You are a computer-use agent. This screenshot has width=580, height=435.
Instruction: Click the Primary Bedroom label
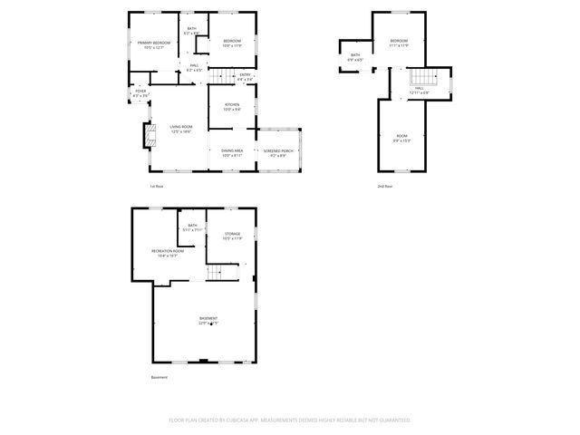[154, 45]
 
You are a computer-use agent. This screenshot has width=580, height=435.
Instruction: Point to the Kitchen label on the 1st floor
[232, 108]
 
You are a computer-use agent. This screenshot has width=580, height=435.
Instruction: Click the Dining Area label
[232, 153]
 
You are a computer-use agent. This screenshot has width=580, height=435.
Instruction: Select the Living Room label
[180, 130]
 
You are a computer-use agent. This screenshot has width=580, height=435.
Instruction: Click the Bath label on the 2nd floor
[355, 57]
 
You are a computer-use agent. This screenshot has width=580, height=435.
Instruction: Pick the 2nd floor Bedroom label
[399, 43]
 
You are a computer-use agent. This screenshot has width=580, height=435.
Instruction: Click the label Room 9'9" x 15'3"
[401, 138]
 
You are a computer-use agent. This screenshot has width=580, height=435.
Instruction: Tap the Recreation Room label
[164, 253]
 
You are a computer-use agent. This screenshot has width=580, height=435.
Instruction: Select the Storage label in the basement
[233, 236]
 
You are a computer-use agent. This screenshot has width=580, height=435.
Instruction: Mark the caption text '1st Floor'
[157, 187]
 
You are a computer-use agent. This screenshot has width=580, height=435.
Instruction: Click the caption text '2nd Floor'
[385, 187]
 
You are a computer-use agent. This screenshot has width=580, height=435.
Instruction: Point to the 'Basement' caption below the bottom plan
[159, 378]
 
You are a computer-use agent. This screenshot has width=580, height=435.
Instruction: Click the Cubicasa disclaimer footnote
[290, 420]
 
